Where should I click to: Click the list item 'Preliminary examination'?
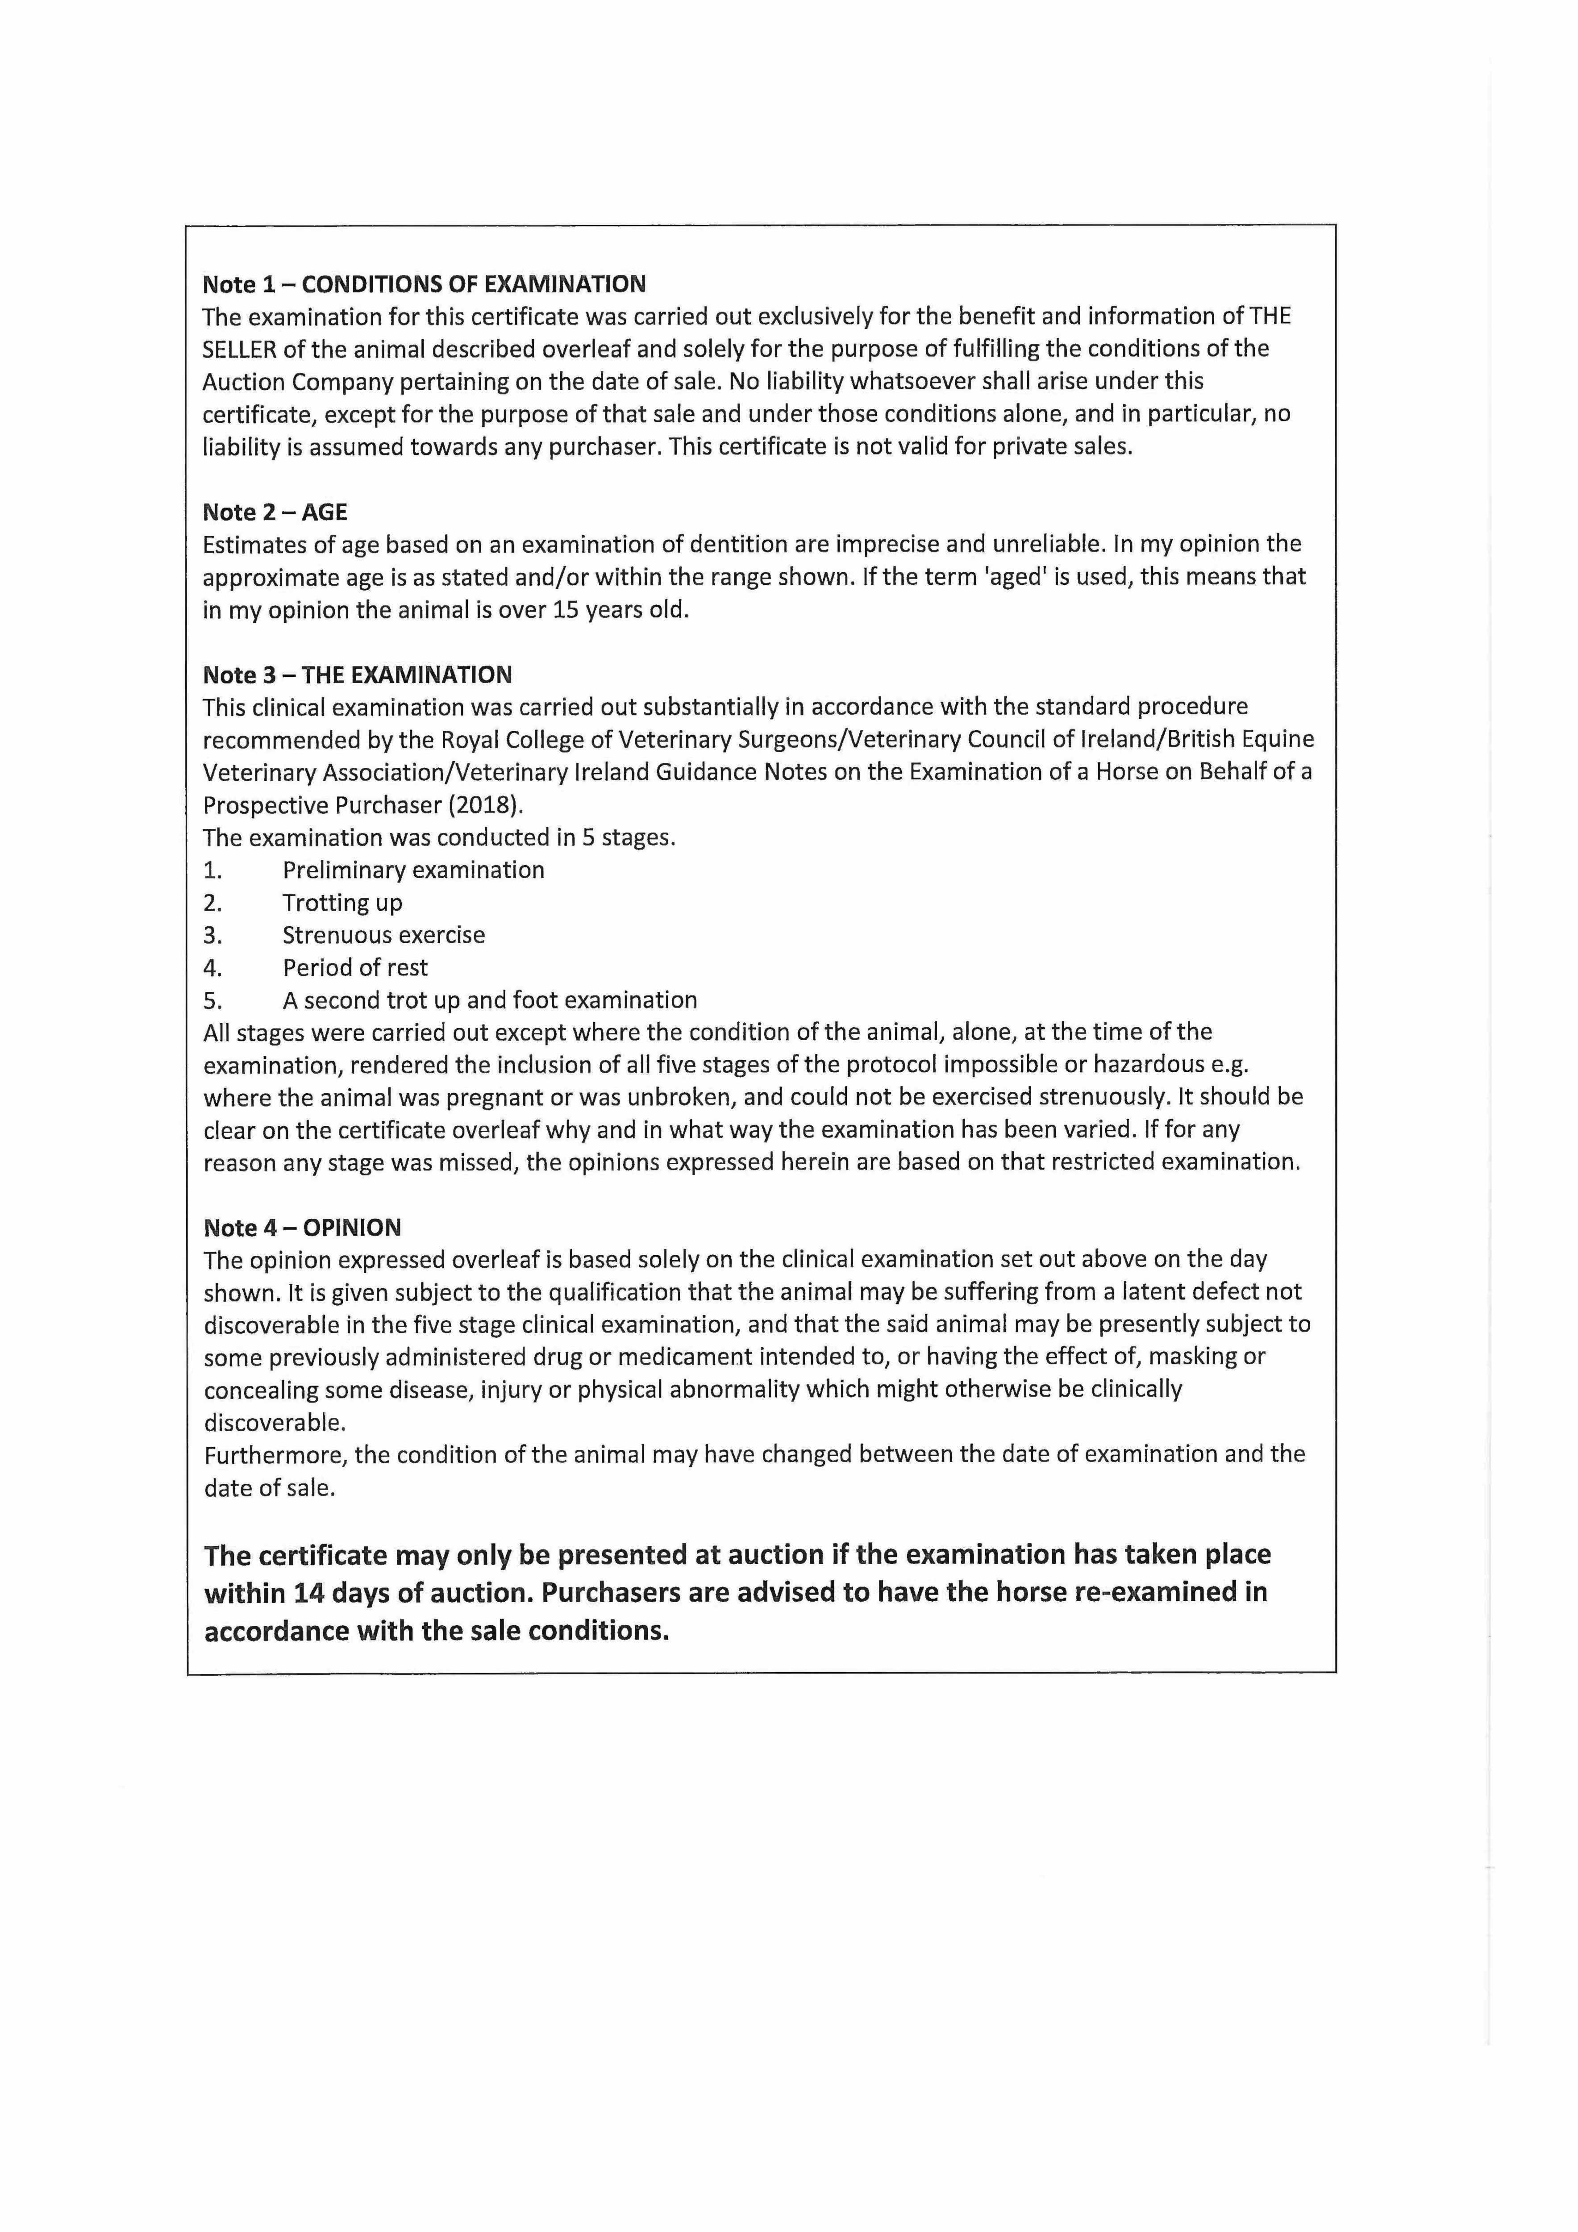click(x=413, y=870)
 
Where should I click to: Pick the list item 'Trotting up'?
click(x=342, y=903)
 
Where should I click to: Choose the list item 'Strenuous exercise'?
click(x=383, y=935)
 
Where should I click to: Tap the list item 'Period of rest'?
click(x=355, y=968)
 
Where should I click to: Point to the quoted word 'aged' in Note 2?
click(x=1015, y=578)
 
